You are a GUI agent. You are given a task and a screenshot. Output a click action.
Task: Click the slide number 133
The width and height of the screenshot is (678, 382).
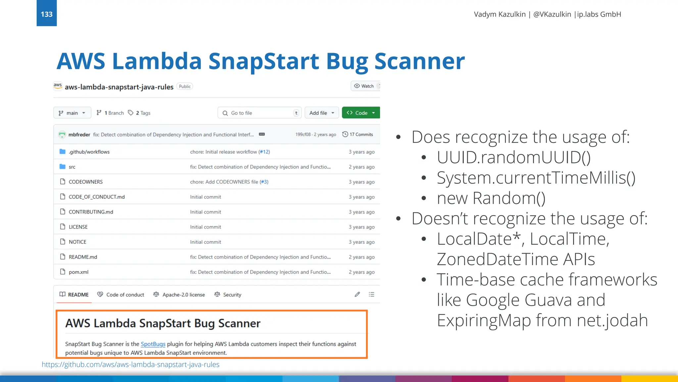(x=47, y=14)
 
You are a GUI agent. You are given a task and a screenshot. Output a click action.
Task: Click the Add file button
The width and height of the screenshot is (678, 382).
(x=321, y=113)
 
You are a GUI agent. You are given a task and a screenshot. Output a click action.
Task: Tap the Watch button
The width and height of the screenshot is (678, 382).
(x=364, y=86)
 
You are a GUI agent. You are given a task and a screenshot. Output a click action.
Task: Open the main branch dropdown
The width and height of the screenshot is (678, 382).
(x=72, y=113)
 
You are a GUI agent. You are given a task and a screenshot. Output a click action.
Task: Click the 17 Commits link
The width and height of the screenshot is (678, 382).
(x=358, y=134)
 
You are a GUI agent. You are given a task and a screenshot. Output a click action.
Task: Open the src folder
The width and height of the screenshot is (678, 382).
(x=72, y=167)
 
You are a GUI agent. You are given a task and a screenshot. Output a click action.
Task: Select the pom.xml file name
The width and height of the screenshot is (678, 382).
(x=78, y=272)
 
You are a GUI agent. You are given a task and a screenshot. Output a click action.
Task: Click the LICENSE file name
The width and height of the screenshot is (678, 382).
(x=78, y=227)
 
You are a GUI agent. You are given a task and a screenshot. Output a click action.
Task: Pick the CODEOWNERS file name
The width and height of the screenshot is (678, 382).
(x=85, y=182)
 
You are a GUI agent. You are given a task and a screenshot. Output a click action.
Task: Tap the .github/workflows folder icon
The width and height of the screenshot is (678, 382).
(x=62, y=152)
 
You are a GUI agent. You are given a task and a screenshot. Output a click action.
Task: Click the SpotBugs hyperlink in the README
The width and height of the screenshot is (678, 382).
(x=153, y=344)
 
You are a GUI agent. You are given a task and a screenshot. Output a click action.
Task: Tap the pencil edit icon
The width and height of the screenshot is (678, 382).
(x=357, y=294)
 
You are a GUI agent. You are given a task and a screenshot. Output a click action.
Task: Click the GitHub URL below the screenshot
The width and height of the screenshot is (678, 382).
(x=130, y=365)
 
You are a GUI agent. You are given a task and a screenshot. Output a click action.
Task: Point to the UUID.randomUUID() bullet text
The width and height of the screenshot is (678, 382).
(x=513, y=157)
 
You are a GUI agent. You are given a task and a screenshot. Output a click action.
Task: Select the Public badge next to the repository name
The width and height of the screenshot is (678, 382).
(x=185, y=87)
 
